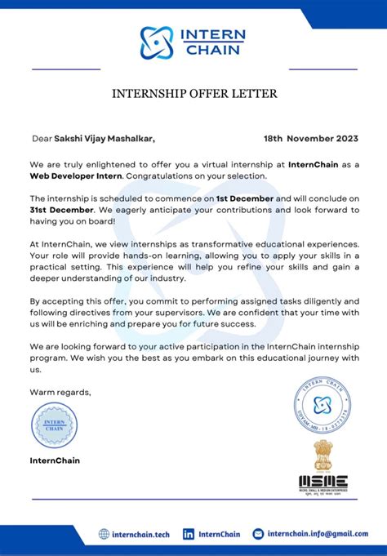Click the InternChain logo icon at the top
coord(158,42)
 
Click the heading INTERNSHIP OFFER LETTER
coord(194,94)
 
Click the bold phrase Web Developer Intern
coord(76,176)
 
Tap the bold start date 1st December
coord(245,198)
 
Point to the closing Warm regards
coord(60,393)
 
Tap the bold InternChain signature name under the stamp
coord(56,460)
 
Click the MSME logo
coord(322,484)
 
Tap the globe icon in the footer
coord(104,534)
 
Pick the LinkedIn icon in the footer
coord(189,534)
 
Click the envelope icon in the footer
coord(258,534)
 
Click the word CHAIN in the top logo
coord(215,50)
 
